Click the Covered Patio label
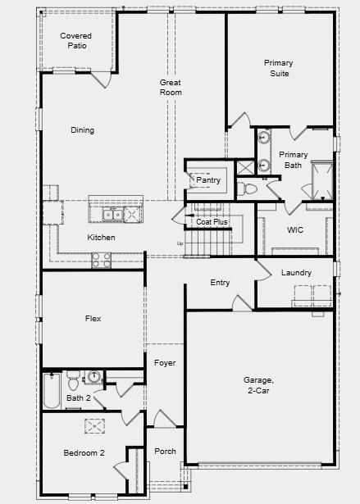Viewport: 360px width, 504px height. point(75,41)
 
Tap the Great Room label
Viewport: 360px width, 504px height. point(171,88)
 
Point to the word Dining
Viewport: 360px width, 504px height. point(82,130)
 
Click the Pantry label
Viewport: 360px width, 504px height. point(208,180)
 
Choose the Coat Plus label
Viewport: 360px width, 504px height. point(212,222)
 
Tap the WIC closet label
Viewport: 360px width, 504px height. point(295,230)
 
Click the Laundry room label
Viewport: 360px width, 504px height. point(295,273)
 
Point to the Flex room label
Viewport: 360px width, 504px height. point(93,318)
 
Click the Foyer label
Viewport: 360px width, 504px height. point(165,363)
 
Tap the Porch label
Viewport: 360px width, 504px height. point(165,452)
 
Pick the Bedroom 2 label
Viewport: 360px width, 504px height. point(84,453)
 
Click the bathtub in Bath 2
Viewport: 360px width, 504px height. point(51,392)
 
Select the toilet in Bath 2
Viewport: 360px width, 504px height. point(73,380)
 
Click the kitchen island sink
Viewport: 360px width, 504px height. point(114,215)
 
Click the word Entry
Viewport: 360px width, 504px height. point(220,283)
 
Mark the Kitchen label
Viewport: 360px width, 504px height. point(102,238)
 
